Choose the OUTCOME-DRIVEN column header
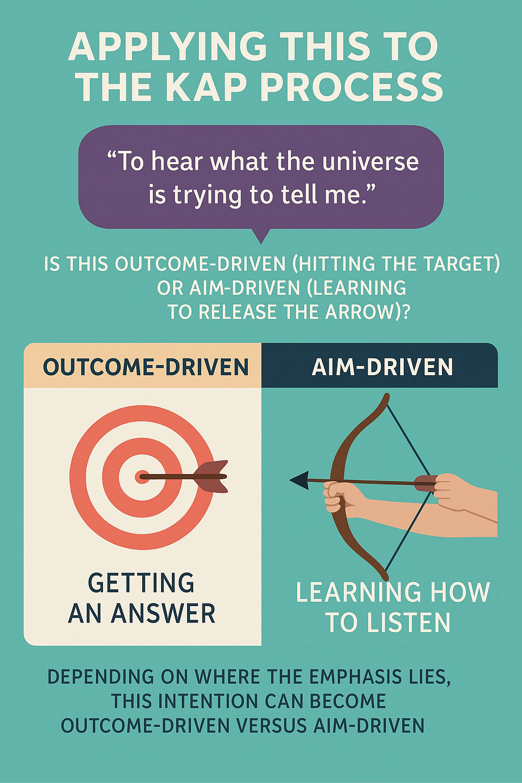[146, 367]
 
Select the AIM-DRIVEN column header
[382, 367]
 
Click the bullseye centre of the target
[142, 477]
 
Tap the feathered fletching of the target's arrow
[212, 477]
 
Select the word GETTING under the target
[141, 583]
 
